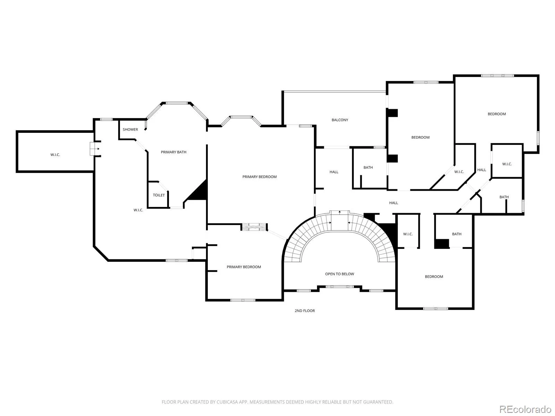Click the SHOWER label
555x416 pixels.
click(x=130, y=129)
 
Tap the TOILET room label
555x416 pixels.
click(x=159, y=195)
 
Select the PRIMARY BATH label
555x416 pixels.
click(x=173, y=152)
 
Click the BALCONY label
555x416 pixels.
click(x=340, y=120)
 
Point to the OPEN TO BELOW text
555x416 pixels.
click(x=339, y=274)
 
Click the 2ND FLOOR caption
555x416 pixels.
click(x=305, y=311)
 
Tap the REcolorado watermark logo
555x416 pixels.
click(x=525, y=409)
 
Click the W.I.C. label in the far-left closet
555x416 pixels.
click(x=55, y=155)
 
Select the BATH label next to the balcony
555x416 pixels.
click(x=368, y=167)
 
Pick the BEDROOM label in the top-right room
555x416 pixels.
click(x=497, y=114)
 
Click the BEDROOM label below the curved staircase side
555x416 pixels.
click(x=434, y=277)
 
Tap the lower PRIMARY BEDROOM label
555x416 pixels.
click(x=244, y=267)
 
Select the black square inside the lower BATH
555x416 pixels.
click(x=442, y=243)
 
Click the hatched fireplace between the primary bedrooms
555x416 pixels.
click(x=254, y=227)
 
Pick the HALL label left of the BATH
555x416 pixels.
click(x=334, y=172)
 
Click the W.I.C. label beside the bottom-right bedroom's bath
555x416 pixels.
click(x=408, y=234)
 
